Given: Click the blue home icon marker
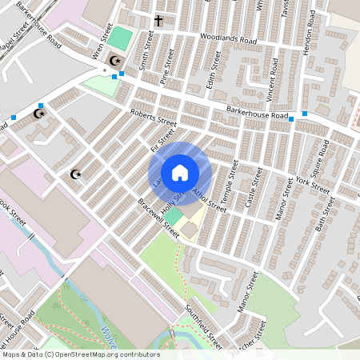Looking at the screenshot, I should tap(180, 173).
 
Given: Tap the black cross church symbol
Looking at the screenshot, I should tap(158, 20).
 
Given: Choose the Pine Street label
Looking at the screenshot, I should tap(167, 66).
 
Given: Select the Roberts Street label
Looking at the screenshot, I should tap(154, 119).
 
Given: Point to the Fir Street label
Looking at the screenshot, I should tap(157, 142).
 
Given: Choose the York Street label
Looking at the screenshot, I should tap(313, 186).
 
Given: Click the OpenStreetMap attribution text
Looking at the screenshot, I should tap(80, 354).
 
